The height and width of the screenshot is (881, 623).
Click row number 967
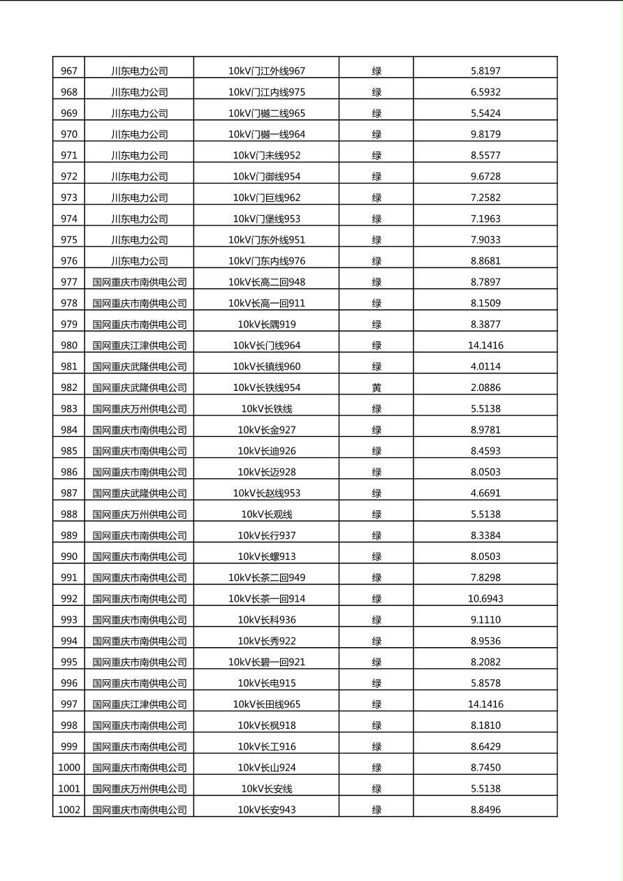69,71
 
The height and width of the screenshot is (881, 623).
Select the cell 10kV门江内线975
266,92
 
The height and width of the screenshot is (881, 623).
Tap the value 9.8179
485,134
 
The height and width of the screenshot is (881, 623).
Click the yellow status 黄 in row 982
376,387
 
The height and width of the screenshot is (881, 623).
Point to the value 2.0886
485,387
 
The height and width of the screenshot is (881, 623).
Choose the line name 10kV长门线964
266,346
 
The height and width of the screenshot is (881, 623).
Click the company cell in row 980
140,346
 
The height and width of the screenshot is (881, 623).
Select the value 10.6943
485,599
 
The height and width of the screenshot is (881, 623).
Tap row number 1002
69,810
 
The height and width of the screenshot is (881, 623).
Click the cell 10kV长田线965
266,704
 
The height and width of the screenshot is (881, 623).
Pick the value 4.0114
485,367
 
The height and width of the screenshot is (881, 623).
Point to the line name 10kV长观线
266,514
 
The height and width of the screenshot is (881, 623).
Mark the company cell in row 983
140,409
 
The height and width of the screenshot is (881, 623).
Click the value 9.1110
485,620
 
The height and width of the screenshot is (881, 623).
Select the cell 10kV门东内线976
266,261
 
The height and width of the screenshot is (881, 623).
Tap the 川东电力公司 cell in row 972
140,177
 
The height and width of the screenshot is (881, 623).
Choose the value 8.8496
485,810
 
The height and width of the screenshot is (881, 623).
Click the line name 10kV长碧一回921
266,662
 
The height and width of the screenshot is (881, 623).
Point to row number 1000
69,768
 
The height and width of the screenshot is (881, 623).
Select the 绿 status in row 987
376,494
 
